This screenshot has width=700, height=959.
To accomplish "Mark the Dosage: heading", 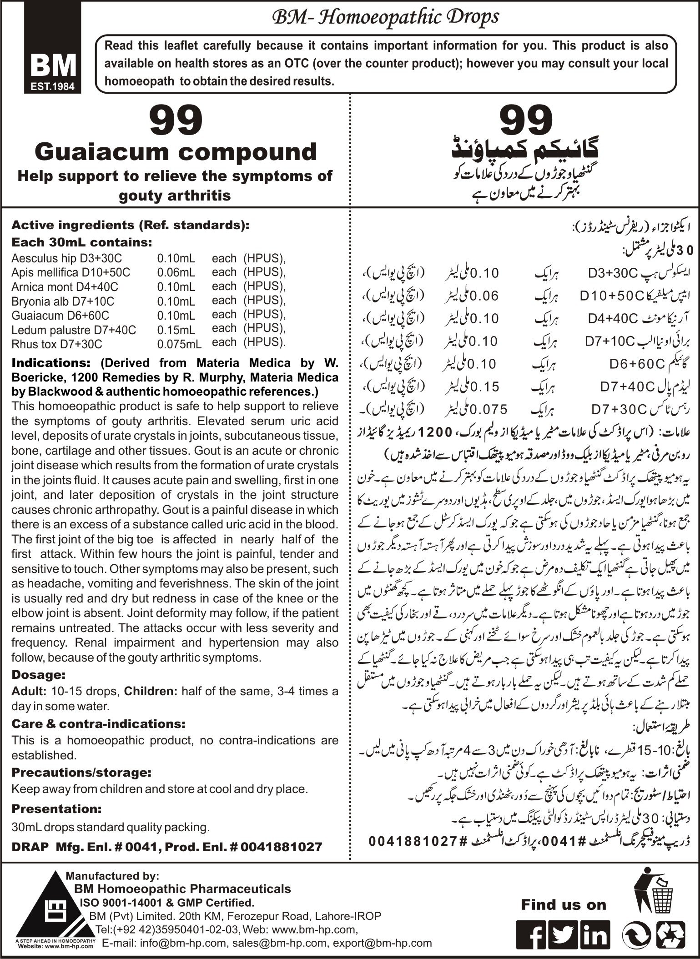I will (x=39, y=674).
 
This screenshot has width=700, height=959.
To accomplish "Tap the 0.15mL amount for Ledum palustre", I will (x=176, y=330).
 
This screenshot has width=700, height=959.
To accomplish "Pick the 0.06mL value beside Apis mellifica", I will (x=176, y=272).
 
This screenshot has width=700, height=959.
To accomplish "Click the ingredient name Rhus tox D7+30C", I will (x=57, y=344).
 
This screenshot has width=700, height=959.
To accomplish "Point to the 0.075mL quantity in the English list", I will (x=179, y=344).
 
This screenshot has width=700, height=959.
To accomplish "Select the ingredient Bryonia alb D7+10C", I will (x=63, y=301).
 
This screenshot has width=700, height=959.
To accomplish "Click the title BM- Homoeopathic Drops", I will (x=385, y=17).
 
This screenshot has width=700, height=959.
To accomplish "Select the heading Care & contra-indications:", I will (x=98, y=723).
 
